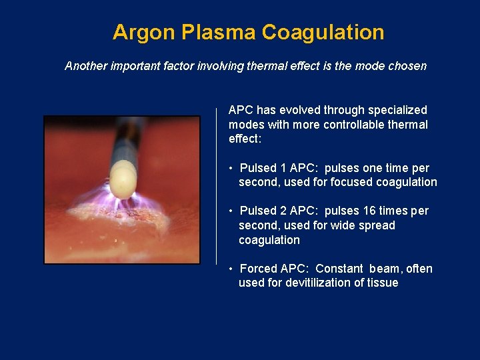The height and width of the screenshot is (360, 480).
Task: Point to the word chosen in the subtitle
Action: click(406, 66)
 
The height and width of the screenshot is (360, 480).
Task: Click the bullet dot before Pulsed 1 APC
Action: click(231, 169)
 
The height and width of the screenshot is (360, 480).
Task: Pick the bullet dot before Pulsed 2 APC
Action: click(231, 211)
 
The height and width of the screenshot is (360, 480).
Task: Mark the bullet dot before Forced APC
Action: click(231, 269)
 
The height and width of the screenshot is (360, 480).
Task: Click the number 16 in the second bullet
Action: click(370, 211)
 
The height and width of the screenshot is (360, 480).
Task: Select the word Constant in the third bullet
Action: click(339, 269)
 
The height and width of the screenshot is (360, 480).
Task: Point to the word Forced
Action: click(258, 269)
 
